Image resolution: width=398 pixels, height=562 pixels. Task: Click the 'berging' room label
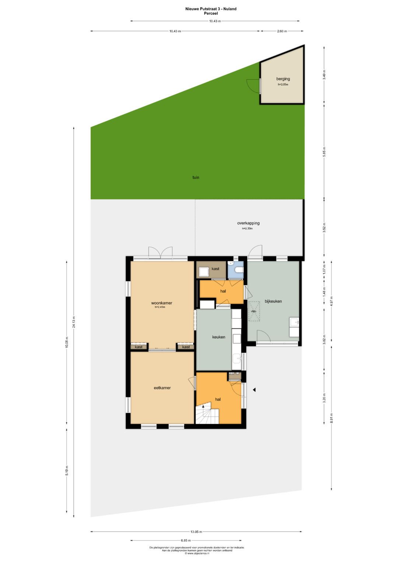(283, 79)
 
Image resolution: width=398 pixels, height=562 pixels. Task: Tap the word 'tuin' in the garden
(196, 177)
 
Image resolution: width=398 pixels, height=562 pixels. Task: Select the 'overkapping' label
(248, 223)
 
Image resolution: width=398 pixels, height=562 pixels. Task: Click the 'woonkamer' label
(161, 303)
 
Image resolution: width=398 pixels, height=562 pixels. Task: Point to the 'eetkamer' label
(162, 388)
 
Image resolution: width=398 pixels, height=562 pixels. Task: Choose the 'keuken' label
(219, 337)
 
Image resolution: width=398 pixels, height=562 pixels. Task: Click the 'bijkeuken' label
(273, 301)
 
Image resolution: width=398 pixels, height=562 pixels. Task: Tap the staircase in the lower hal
(207, 414)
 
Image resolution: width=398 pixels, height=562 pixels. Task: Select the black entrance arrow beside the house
(254, 390)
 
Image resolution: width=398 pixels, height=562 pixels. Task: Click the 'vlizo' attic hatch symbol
(254, 311)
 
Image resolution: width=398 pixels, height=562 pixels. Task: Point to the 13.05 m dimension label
(196, 531)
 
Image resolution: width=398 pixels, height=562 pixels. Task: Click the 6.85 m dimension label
(186, 541)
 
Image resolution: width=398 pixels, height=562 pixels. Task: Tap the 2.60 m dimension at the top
(282, 31)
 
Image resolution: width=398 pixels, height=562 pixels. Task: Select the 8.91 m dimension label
(332, 417)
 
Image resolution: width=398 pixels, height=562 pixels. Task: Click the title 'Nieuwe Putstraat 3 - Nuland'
(211, 9)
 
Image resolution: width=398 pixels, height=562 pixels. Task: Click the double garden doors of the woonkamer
(160, 252)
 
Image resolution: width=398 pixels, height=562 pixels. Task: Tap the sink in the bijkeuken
(294, 323)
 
